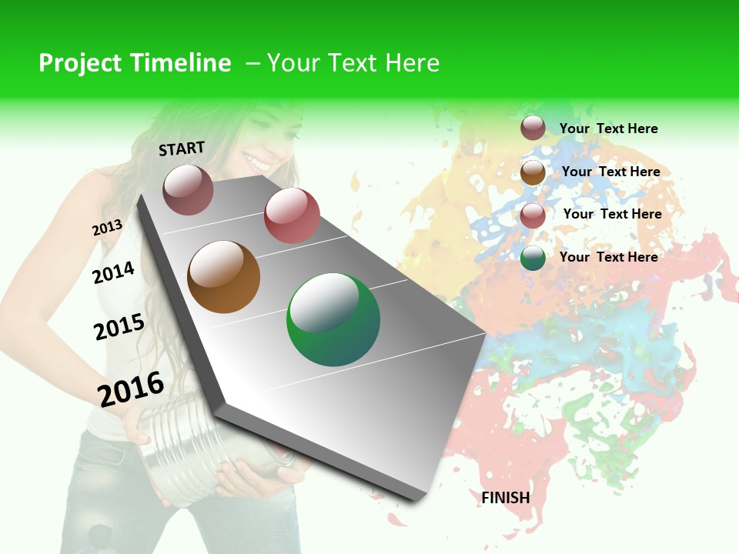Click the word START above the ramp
click(x=182, y=149)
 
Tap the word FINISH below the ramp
click(x=506, y=498)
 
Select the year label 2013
click(x=107, y=228)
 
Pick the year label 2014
click(x=113, y=272)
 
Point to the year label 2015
click(x=119, y=327)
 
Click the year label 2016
click(x=131, y=389)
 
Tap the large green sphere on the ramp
click(x=333, y=319)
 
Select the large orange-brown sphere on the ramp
click(x=223, y=277)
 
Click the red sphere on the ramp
click(x=292, y=215)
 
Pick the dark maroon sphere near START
click(x=188, y=189)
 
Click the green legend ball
click(x=533, y=259)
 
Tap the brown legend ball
click(x=533, y=173)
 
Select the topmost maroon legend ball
click(x=533, y=128)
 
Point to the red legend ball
click(x=533, y=215)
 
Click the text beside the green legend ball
click(x=608, y=257)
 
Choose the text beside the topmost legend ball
click(x=608, y=128)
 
